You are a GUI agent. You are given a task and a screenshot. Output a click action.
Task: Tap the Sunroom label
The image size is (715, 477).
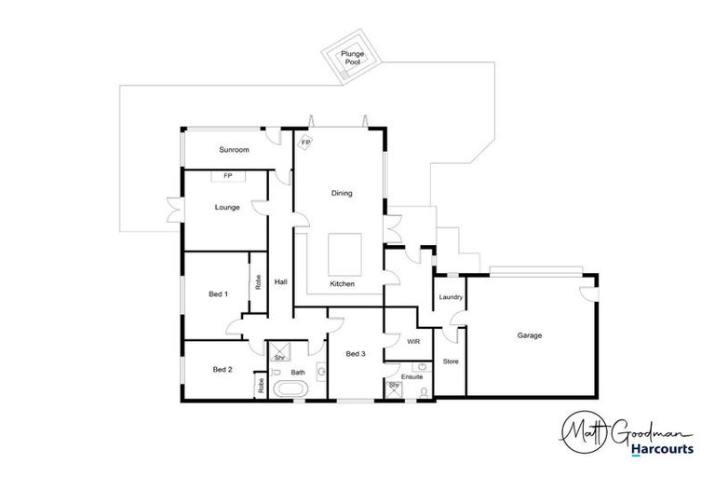point(234,150)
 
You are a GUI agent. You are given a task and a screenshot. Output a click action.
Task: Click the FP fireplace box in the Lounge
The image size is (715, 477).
point(228,175)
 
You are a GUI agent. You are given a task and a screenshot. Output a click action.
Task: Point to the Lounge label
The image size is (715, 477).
point(227,208)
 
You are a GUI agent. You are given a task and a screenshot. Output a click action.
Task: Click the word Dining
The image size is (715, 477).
point(342,194)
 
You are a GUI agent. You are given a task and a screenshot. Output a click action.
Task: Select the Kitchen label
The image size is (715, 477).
point(343,283)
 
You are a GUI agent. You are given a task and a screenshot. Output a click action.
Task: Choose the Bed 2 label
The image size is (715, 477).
point(222,370)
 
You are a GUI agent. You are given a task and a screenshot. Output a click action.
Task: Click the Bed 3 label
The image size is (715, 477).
point(356,354)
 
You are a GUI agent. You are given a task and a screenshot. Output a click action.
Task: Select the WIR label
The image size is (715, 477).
point(413,342)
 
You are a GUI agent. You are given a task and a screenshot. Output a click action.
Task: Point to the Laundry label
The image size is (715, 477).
point(451,297)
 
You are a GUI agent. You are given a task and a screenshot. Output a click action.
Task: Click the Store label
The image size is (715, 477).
point(451,361)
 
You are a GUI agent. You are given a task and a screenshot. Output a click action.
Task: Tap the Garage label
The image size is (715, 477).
point(529,335)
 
